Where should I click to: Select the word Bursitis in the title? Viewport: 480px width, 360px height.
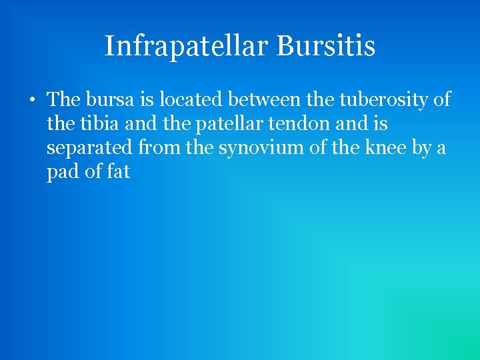[x=325, y=47]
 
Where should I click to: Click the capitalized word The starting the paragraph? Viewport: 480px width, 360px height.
[x=64, y=100]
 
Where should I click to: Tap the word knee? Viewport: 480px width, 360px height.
[x=383, y=148]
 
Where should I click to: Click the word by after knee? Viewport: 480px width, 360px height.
[x=422, y=148]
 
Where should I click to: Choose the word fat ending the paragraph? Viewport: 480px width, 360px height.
[x=118, y=172]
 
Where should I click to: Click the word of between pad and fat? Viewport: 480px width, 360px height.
[x=92, y=172]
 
